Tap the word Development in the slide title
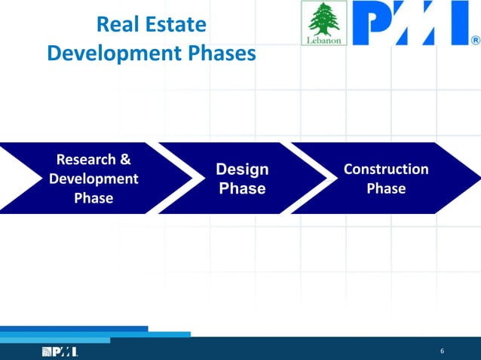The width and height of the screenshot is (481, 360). [x=112, y=53]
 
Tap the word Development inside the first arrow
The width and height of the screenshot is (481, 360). [x=93, y=179]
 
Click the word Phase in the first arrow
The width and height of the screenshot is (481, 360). [x=93, y=199]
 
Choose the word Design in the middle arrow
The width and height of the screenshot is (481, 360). [x=242, y=169]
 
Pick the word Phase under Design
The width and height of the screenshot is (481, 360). [x=242, y=189]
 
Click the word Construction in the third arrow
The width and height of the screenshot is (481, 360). [x=386, y=169]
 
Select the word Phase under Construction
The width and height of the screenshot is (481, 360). [x=386, y=189]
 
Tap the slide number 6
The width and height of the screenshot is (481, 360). [x=442, y=352]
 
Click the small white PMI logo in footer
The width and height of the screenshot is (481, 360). [x=60, y=352]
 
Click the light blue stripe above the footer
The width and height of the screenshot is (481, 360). [x=151, y=334]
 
